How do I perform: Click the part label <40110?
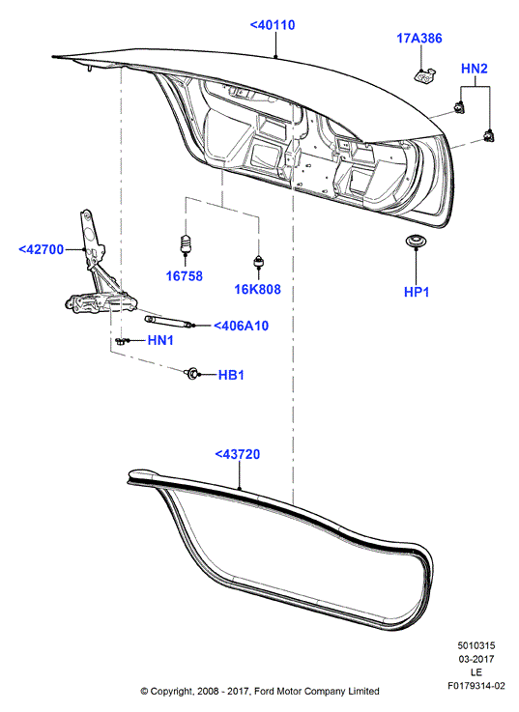point(273,25)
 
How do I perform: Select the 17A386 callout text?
point(419,38)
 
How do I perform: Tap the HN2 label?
point(474,69)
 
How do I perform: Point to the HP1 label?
point(417,292)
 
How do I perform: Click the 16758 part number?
point(184,276)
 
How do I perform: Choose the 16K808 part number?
point(258,289)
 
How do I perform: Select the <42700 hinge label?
point(41,249)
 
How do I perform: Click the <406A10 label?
point(241,326)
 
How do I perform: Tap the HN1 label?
point(160,340)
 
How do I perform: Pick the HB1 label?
point(231,375)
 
